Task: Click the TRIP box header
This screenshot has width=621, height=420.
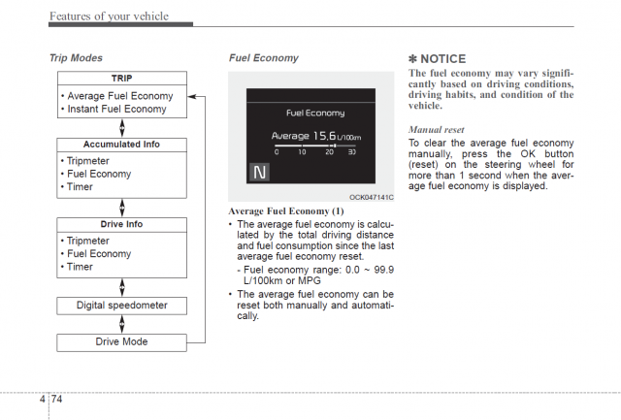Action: [x=121, y=78]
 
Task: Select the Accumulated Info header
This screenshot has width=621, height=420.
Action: [x=121, y=145]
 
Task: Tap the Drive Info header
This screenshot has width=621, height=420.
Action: [x=121, y=224]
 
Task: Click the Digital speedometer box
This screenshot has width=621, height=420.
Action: [x=121, y=305]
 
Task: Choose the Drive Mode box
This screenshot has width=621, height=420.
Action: [x=121, y=341]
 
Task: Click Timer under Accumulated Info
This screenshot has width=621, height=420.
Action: [x=80, y=187]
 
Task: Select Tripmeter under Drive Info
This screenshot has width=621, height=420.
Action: [x=88, y=241]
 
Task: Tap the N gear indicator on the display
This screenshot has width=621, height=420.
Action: [x=259, y=173]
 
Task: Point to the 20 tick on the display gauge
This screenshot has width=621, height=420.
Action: [x=329, y=152]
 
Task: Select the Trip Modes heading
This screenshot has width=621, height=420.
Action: [x=76, y=57]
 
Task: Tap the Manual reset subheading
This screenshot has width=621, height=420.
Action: [x=437, y=128]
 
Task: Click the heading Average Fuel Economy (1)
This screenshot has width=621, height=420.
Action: [x=285, y=210]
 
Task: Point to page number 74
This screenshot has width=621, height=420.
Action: [x=57, y=399]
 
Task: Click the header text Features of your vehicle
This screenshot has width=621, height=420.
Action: [x=108, y=16]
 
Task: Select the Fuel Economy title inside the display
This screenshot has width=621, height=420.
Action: [x=316, y=113]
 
